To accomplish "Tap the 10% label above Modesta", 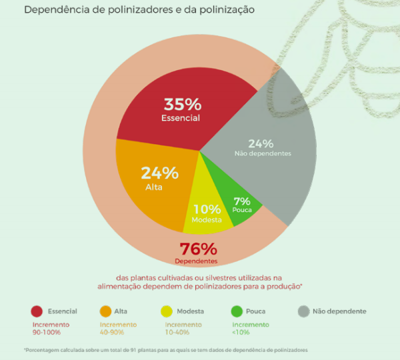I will click(207, 209).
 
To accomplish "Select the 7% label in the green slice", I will click(241, 201).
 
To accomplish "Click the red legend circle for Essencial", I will click(37, 311).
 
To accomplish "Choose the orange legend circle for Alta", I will click(105, 311).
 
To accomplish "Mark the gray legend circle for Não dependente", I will click(304, 311).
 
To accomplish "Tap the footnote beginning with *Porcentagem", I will click(167, 349).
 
